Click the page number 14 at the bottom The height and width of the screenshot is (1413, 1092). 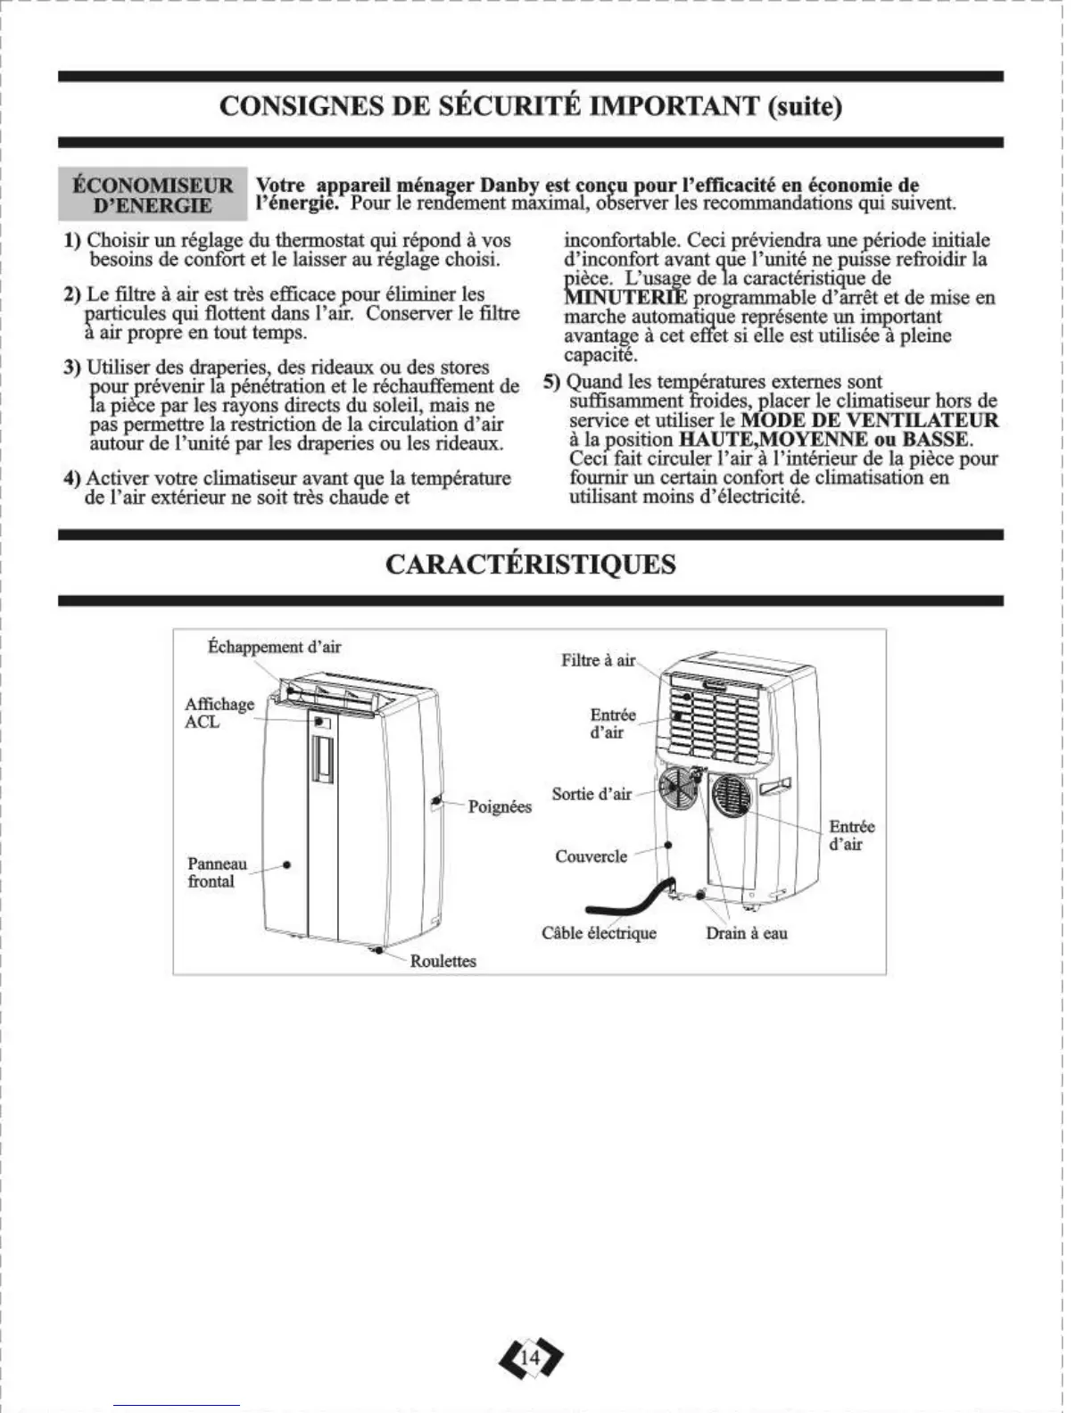530,1358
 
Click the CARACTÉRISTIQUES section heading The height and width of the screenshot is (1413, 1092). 530,565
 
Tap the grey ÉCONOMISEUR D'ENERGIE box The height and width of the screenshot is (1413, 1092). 153,194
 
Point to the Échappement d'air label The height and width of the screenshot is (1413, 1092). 274,647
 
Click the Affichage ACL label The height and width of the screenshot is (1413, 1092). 219,713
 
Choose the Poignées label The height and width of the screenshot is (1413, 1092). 500,806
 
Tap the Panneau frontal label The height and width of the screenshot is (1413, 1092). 217,872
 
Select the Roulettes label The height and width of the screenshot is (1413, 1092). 443,961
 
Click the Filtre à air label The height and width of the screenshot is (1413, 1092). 598,660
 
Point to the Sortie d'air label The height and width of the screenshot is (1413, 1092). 591,794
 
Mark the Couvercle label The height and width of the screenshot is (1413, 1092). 591,856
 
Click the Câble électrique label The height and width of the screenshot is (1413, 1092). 599,933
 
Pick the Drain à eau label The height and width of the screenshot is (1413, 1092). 747,933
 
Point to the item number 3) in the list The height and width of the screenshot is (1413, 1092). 72,368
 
